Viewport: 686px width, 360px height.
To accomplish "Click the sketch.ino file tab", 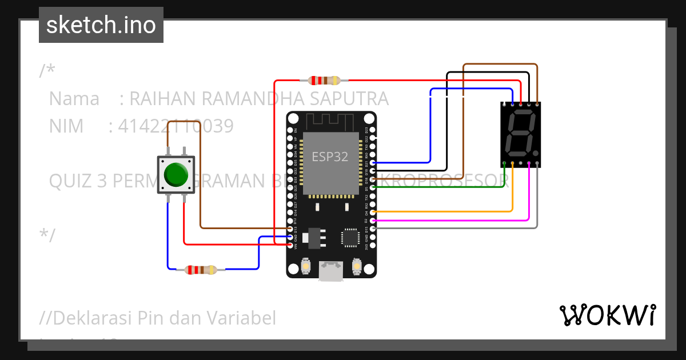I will (x=101, y=25).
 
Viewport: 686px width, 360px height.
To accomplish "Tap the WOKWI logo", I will (x=607, y=315).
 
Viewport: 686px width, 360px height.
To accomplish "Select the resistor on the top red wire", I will (x=324, y=80).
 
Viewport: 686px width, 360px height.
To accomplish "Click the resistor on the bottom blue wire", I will (x=201, y=269).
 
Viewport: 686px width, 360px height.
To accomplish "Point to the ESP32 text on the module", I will (x=330, y=157).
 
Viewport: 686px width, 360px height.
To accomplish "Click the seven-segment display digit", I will (x=520, y=135).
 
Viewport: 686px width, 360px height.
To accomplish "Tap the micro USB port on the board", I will (x=331, y=271).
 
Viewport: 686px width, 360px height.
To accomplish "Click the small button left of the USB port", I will (x=306, y=266).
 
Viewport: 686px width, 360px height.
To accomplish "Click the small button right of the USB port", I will (x=356, y=266).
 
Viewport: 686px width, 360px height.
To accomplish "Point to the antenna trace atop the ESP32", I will (x=331, y=121).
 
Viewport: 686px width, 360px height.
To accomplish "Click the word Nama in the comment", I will (x=74, y=99).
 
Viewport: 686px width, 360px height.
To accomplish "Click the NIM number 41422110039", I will (x=176, y=126).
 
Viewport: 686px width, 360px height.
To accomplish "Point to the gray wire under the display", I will (x=457, y=228).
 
